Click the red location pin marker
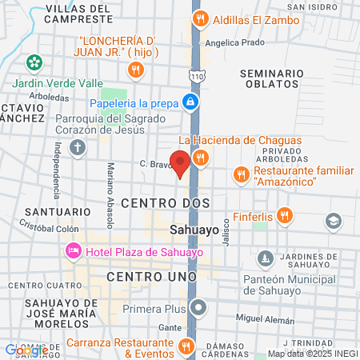[182, 162]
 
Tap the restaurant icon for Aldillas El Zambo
[200, 18]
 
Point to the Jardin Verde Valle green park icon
[34, 62]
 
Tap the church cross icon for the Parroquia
[77, 146]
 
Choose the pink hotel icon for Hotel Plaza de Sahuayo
[73, 252]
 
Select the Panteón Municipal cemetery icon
[265, 258]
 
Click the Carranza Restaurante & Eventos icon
[186, 346]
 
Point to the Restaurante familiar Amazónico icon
[241, 174]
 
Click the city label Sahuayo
[195, 230]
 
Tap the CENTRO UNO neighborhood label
[151, 276]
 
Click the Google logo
[26, 350]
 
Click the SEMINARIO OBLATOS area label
[271, 80]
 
